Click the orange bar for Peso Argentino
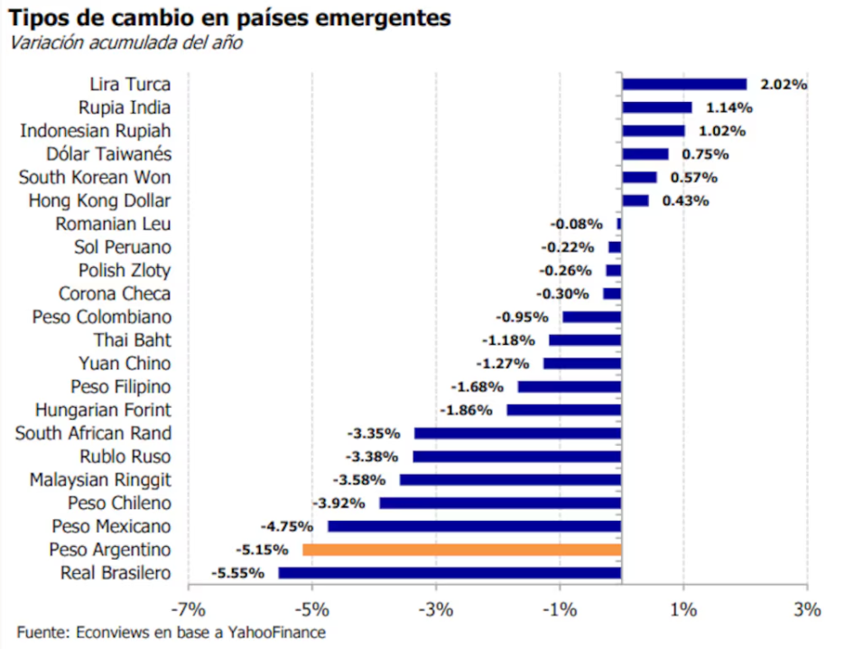461,550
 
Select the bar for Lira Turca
684,84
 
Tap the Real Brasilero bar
450,573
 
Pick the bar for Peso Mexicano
474,526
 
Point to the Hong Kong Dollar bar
635,200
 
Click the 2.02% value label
784,85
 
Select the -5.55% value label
238,573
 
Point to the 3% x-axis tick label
808,609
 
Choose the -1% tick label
560,609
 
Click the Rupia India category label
125,107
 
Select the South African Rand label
93,433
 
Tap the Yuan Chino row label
125,364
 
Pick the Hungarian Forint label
103,411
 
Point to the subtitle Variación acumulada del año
126,42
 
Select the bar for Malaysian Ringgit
510,480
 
